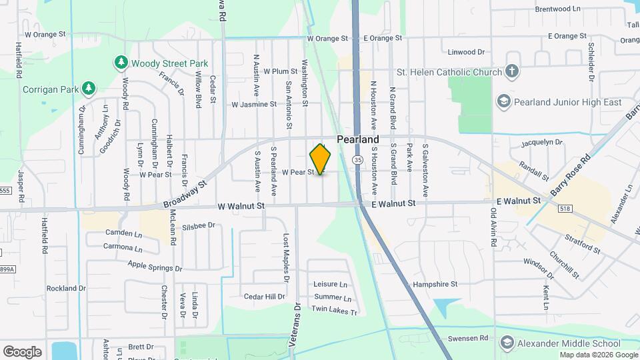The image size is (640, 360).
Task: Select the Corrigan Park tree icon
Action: tap(88, 88)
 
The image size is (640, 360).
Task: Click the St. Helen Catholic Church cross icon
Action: tap(511, 71)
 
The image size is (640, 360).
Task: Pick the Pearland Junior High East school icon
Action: tap(504, 102)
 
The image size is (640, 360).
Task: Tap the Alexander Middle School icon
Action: tap(507, 343)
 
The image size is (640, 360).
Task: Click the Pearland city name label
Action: tap(357, 139)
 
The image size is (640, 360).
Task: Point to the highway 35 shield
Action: tap(358, 160)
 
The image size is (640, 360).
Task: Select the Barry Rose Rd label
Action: tap(571, 175)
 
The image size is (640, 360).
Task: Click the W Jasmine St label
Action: tap(253, 104)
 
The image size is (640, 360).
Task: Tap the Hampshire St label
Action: tap(435, 283)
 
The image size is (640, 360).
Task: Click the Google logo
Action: tap(22, 352)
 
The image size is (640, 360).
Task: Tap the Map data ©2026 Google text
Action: tap(598, 355)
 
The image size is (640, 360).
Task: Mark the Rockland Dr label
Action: tap(66, 289)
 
